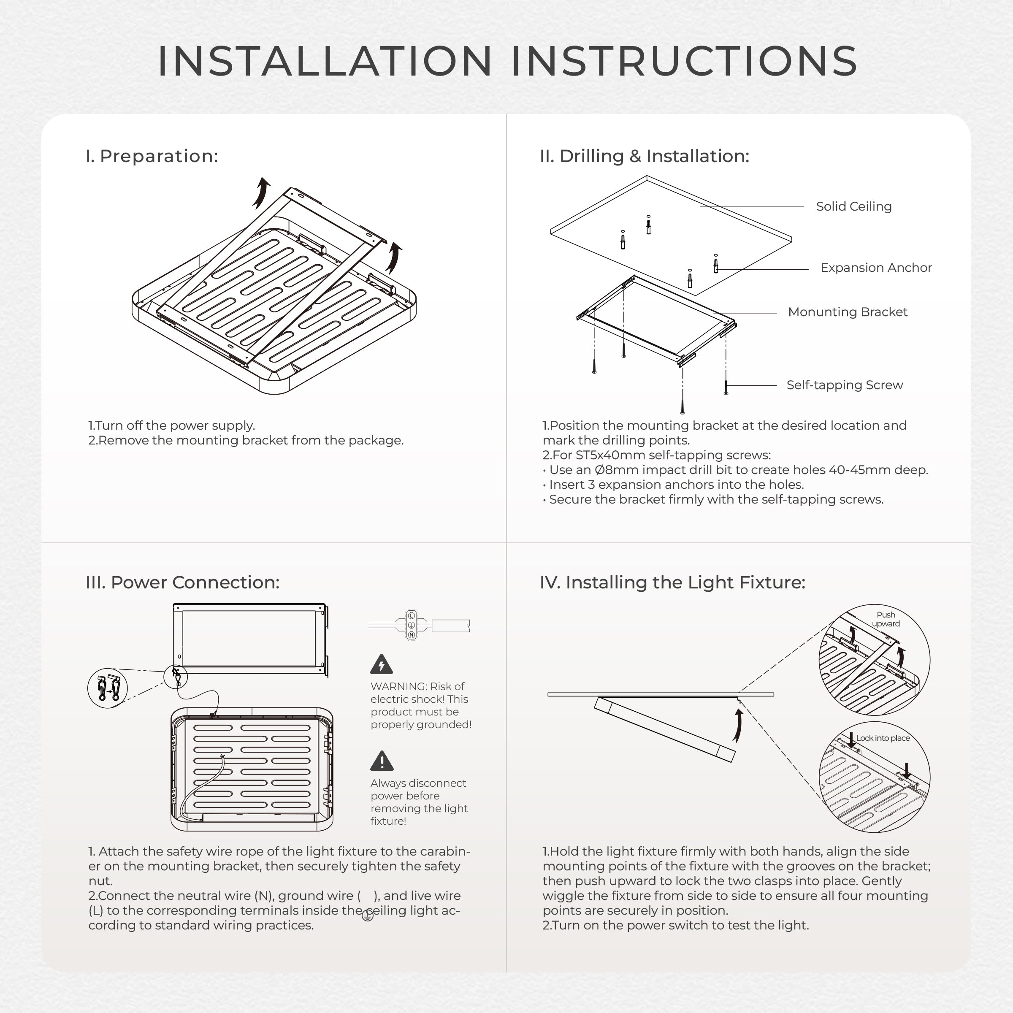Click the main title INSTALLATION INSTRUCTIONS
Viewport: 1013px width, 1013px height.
(x=506, y=61)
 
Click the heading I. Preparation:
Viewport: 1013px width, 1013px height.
(x=152, y=156)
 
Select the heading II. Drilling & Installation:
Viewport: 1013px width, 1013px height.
(x=645, y=156)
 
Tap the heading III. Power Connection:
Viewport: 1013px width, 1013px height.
(x=182, y=582)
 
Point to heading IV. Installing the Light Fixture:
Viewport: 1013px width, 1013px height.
(x=672, y=582)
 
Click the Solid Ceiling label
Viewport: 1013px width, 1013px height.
(x=853, y=206)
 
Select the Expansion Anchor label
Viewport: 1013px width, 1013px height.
(x=876, y=268)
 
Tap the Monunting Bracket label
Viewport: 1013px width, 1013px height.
(x=847, y=312)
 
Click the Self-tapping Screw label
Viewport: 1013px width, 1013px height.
(x=845, y=385)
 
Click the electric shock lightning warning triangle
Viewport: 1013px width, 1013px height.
(x=382, y=665)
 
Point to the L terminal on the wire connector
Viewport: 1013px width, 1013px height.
(x=412, y=615)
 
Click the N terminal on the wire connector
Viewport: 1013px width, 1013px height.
(x=412, y=635)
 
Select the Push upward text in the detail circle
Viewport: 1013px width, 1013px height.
(x=886, y=619)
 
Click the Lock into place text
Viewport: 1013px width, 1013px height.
(x=883, y=738)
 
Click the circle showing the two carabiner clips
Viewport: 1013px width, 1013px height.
(x=108, y=688)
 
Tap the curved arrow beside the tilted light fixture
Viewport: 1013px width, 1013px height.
(x=738, y=726)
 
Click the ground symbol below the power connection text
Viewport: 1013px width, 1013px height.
(x=368, y=915)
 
